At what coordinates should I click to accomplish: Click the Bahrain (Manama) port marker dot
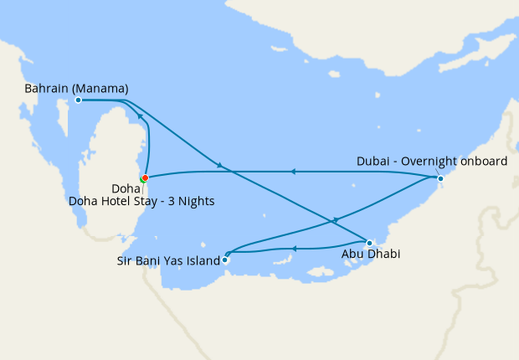coord(78,100)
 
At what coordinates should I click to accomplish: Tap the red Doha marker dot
coord(145,177)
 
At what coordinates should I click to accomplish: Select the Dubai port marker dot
coord(440,178)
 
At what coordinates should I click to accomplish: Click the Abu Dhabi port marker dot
coord(369,243)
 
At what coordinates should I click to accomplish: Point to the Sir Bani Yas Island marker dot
coord(224,260)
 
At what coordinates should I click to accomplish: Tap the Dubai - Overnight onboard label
coord(431,162)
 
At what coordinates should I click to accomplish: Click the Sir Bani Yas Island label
coord(167,260)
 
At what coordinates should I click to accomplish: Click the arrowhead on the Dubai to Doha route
coord(292,172)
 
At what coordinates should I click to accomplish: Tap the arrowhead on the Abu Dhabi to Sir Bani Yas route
coord(295,248)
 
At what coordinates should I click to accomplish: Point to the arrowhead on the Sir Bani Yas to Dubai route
coord(336,219)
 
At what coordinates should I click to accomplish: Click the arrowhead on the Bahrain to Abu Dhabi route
coord(219,166)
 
